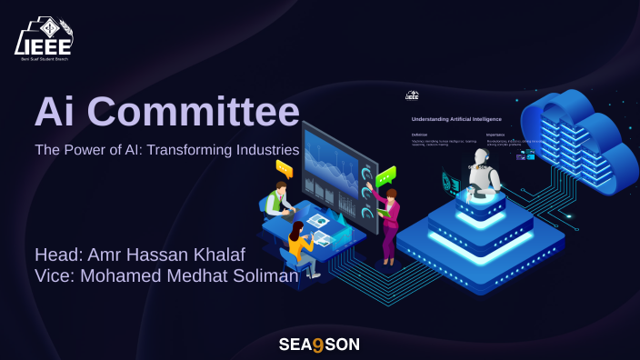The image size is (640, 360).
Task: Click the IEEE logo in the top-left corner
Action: point(44,37)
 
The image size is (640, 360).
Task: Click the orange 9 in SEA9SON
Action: point(318,345)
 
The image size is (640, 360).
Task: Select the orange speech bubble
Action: point(284,168)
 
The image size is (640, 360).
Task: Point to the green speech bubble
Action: point(386,174)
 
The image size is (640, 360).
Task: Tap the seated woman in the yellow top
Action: point(300,245)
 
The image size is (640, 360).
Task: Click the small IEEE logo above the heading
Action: point(412,95)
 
